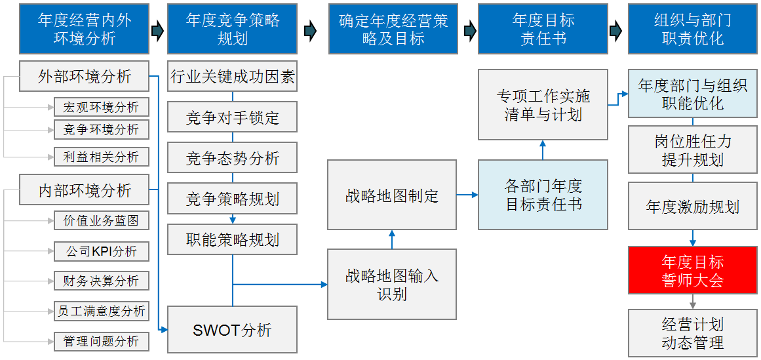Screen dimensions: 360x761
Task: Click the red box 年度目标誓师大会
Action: click(692, 271)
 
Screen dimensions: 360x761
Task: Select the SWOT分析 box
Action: click(232, 330)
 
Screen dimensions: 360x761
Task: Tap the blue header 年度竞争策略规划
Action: click(232, 30)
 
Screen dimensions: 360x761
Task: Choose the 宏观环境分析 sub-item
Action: click(101, 107)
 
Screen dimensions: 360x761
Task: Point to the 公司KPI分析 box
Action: click(101, 251)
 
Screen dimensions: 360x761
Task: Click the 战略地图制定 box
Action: click(391, 195)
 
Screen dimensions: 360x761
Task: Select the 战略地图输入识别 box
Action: click(391, 285)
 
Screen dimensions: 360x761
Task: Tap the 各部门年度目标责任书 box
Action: click(543, 195)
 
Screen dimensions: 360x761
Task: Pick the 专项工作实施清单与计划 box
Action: click(543, 105)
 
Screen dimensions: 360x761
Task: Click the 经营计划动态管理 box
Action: click(692, 333)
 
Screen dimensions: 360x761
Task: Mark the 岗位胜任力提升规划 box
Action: click(692, 150)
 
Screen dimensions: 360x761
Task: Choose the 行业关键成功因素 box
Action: click(232, 77)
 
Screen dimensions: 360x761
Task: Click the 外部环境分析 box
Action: click(85, 77)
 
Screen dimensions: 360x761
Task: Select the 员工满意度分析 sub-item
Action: click(101, 311)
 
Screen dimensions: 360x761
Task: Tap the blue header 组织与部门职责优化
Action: click(692, 30)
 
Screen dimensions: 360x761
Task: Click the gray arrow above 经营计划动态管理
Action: click(692, 302)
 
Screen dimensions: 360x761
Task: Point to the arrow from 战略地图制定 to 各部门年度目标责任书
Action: click(467, 195)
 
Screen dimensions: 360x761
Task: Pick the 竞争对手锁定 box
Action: click(232, 118)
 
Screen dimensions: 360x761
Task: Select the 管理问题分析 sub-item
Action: click(101, 341)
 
